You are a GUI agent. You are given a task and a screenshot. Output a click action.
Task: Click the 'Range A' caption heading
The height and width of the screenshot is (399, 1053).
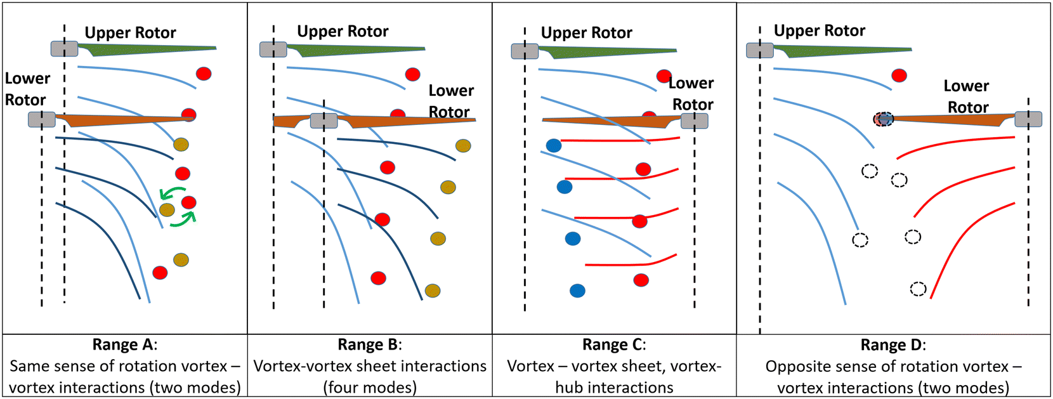[x=124, y=344]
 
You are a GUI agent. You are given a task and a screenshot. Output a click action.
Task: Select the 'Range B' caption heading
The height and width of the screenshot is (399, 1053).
[x=369, y=344]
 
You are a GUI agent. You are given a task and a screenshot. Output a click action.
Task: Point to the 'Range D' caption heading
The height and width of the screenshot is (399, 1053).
[x=893, y=345]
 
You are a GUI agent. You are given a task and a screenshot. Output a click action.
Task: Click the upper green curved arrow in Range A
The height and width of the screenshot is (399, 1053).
[x=172, y=192]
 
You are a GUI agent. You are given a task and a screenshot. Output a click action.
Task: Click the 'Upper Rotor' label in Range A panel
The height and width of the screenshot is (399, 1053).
[x=130, y=33]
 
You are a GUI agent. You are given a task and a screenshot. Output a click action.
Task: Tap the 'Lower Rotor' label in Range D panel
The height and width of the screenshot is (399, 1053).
[x=967, y=96]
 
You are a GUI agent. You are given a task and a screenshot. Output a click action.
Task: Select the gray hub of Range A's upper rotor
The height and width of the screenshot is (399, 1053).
[x=65, y=49]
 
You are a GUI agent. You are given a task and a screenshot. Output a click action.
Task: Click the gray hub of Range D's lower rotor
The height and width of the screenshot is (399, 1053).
[x=1028, y=119]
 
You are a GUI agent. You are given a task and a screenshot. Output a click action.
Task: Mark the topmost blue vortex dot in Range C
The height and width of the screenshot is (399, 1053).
[x=554, y=146]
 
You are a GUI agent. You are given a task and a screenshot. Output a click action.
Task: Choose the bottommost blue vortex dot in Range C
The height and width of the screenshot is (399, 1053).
[x=577, y=291]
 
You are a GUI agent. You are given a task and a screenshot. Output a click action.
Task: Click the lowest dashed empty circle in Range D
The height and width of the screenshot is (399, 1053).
[x=918, y=289]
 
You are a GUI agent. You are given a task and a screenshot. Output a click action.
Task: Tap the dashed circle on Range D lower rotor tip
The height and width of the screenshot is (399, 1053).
[x=884, y=119]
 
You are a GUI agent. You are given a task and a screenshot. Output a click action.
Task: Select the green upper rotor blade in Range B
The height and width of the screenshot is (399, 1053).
[x=355, y=49]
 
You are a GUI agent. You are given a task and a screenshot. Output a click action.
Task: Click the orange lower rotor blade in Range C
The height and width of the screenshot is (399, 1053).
[x=609, y=121]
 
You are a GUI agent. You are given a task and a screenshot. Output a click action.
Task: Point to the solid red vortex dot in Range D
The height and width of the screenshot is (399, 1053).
[x=899, y=75]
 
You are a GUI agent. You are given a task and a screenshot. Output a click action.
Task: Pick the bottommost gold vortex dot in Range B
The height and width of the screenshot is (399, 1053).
[x=433, y=291]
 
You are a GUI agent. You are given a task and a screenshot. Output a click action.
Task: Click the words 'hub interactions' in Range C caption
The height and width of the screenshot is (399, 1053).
[x=614, y=388]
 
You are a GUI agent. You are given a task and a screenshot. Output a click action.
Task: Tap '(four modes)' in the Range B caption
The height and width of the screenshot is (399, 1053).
[x=369, y=388]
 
